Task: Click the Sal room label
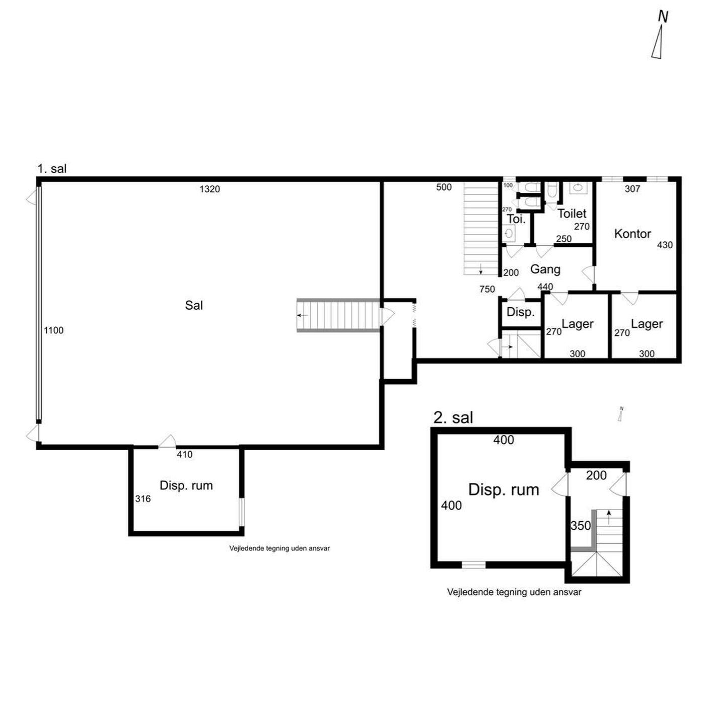coord(193,305)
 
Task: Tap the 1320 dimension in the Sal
coord(209,189)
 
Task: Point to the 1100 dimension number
coord(53,330)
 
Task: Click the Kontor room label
coord(632,234)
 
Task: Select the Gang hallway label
coord(545,269)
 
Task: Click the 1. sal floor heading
coord(52,169)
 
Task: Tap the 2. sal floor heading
coord(453,417)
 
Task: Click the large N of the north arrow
coord(663,17)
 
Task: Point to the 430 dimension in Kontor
coord(664,245)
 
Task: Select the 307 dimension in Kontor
coord(632,189)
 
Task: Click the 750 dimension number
coord(487,289)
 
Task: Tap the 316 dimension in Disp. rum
coord(143,499)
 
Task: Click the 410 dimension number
coord(184,454)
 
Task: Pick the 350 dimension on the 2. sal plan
coord(581,526)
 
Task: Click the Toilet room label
coord(572,214)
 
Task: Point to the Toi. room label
coord(516,219)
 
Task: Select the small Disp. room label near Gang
coord(520,312)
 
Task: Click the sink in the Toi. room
coord(509,233)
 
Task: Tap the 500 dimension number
coord(444,187)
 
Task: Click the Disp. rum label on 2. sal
coord(504,489)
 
